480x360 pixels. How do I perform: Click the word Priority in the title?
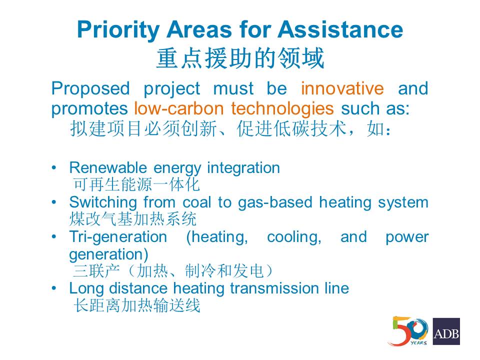pyautogui.click(x=118, y=30)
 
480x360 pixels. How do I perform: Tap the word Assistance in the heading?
pyautogui.click(x=340, y=29)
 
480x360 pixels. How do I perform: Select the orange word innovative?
pyautogui.click(x=342, y=88)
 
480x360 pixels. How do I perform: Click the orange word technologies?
pyautogui.click(x=282, y=108)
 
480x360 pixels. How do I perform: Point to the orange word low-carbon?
pyautogui.click(x=179, y=108)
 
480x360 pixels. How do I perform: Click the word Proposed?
pyautogui.click(x=90, y=89)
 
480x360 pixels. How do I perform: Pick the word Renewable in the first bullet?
pyautogui.click(x=108, y=168)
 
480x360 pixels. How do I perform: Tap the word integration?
pyautogui.click(x=243, y=168)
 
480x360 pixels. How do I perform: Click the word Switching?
pyautogui.click(x=103, y=203)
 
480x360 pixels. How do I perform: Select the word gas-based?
pyautogui.click(x=275, y=203)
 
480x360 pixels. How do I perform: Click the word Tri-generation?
pyautogui.click(x=118, y=237)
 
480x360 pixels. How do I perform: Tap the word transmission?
pyautogui.click(x=274, y=288)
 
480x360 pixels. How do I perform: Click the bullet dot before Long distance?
pyautogui.click(x=54, y=288)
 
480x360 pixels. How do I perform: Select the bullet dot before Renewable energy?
pyautogui.click(x=54, y=168)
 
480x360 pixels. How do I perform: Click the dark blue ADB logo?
pyautogui.click(x=446, y=331)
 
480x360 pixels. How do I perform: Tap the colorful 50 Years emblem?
pyautogui.click(x=408, y=331)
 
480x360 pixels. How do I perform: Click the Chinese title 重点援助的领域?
pyautogui.click(x=240, y=58)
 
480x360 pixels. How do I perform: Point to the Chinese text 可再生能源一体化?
pyautogui.click(x=136, y=184)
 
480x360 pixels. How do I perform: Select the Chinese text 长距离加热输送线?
pyautogui.click(x=137, y=305)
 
